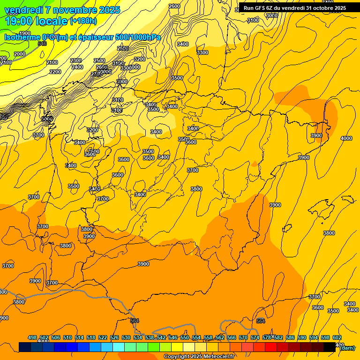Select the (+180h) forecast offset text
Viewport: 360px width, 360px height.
[83, 21]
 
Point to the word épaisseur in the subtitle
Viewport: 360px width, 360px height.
[98, 37]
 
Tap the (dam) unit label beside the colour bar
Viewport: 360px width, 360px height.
[347, 348]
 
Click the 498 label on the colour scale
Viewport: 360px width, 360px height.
[32, 337]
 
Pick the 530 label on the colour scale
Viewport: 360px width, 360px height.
[126, 337]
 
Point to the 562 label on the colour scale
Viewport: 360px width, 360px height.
[220, 337]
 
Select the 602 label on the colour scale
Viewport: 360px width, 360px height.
[337, 337]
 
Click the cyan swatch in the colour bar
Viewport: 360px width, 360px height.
[119, 347]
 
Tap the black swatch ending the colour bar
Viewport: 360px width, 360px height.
[330, 347]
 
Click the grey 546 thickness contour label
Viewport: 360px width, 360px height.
[42, 44]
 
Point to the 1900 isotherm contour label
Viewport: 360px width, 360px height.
[25, 46]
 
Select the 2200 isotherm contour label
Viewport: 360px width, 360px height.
[55, 72]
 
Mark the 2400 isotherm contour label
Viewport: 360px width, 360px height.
[77, 67]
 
